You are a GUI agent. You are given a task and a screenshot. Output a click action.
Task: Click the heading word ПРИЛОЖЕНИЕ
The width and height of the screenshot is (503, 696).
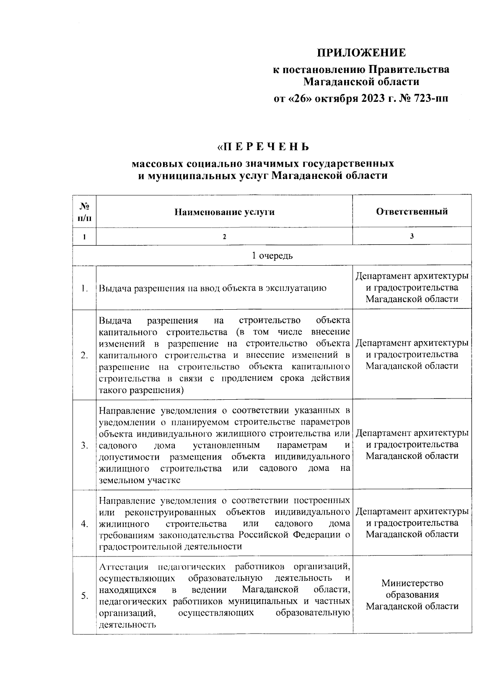[361, 53]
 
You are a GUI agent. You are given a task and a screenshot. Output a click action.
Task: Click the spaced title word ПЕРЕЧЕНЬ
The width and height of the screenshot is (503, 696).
[266, 147]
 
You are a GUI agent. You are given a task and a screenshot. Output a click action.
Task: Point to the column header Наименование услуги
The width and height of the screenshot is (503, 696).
[224, 212]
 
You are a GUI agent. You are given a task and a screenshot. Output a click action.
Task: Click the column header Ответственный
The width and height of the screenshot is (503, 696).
[412, 212]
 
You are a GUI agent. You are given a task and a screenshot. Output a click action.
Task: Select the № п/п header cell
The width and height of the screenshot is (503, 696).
[84, 212]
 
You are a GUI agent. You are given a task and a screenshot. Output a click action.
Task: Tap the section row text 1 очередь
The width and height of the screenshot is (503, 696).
[272, 256]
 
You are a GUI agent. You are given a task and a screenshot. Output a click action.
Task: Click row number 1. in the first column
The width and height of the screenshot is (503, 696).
[85, 288]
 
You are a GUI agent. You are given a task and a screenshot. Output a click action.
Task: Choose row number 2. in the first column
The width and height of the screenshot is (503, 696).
[85, 355]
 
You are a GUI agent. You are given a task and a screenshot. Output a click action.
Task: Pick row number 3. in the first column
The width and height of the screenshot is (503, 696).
[85, 445]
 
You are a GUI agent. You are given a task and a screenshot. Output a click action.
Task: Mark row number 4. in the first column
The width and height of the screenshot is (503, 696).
[85, 524]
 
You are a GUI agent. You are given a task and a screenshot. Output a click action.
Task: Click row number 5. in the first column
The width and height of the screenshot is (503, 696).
[85, 595]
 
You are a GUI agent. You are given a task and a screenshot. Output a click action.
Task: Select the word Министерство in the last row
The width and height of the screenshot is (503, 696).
[412, 583]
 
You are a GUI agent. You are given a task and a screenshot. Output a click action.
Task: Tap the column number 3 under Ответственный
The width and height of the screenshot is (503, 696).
[412, 236]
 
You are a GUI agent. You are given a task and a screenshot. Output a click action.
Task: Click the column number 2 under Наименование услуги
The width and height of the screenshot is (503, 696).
[224, 237]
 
